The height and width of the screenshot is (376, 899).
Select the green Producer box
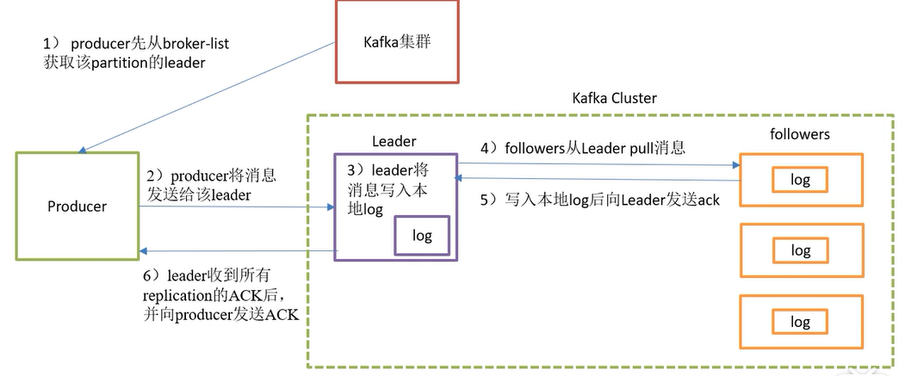77,206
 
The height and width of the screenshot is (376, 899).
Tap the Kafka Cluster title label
614,98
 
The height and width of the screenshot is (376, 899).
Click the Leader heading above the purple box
394,140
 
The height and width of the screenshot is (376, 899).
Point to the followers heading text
799,134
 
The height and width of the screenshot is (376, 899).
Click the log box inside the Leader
422,235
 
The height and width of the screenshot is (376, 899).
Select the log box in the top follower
801,180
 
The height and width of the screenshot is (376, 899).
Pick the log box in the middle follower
801,250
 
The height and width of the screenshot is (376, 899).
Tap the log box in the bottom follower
801,322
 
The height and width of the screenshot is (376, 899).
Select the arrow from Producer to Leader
237,207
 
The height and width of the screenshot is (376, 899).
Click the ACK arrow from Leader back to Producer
237,251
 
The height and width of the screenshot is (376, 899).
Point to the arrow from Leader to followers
598,163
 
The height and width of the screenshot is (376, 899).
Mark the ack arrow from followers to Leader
598,179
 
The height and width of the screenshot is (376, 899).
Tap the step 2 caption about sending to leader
211,184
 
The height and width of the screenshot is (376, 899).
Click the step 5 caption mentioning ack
599,200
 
